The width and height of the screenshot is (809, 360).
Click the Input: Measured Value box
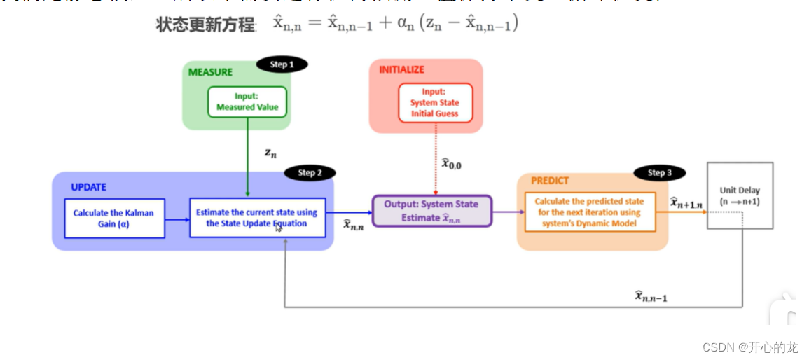247,102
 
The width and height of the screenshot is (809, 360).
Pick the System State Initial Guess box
435,102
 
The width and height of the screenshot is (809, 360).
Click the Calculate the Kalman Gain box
114,219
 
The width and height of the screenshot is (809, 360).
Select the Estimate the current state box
257,218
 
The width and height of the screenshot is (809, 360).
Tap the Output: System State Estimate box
431,211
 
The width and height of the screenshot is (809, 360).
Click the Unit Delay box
740,195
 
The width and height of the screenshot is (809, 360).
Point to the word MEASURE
210,71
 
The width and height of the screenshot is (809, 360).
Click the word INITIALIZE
401,69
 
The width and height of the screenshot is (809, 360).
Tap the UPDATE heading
88,187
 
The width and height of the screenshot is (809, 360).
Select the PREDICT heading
550,180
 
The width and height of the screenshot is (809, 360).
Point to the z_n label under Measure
270,153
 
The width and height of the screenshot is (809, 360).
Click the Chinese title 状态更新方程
205,25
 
